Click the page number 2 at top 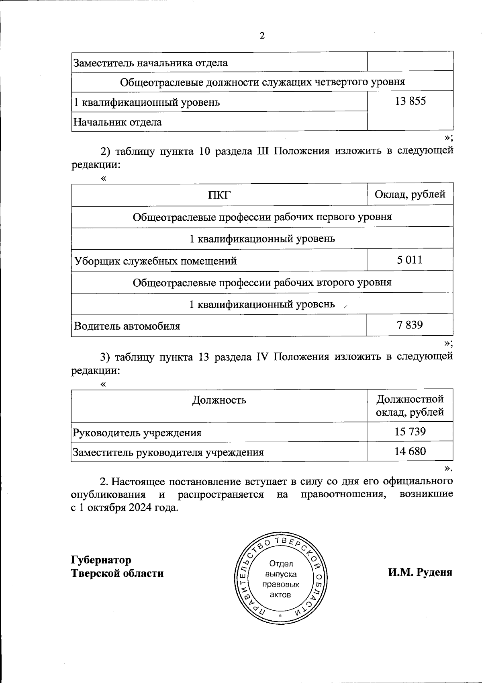pos(262,36)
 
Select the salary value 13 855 pos(410,101)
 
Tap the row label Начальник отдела pos(117,122)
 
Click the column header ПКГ pos(219,195)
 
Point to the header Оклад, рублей pos(410,195)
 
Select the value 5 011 pos(410,260)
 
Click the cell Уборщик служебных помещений pos(155,261)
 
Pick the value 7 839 pos(410,324)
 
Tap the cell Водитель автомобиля pos(127,326)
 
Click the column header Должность pos(219,400)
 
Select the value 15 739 pos(410,432)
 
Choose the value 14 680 pos(410,451)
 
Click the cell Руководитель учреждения pos(137,433)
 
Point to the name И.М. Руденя pos(420,572)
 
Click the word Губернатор pos(101,560)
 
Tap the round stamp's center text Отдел pos(281,564)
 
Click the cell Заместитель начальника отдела pos(150,63)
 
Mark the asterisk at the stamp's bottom pos(281,616)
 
